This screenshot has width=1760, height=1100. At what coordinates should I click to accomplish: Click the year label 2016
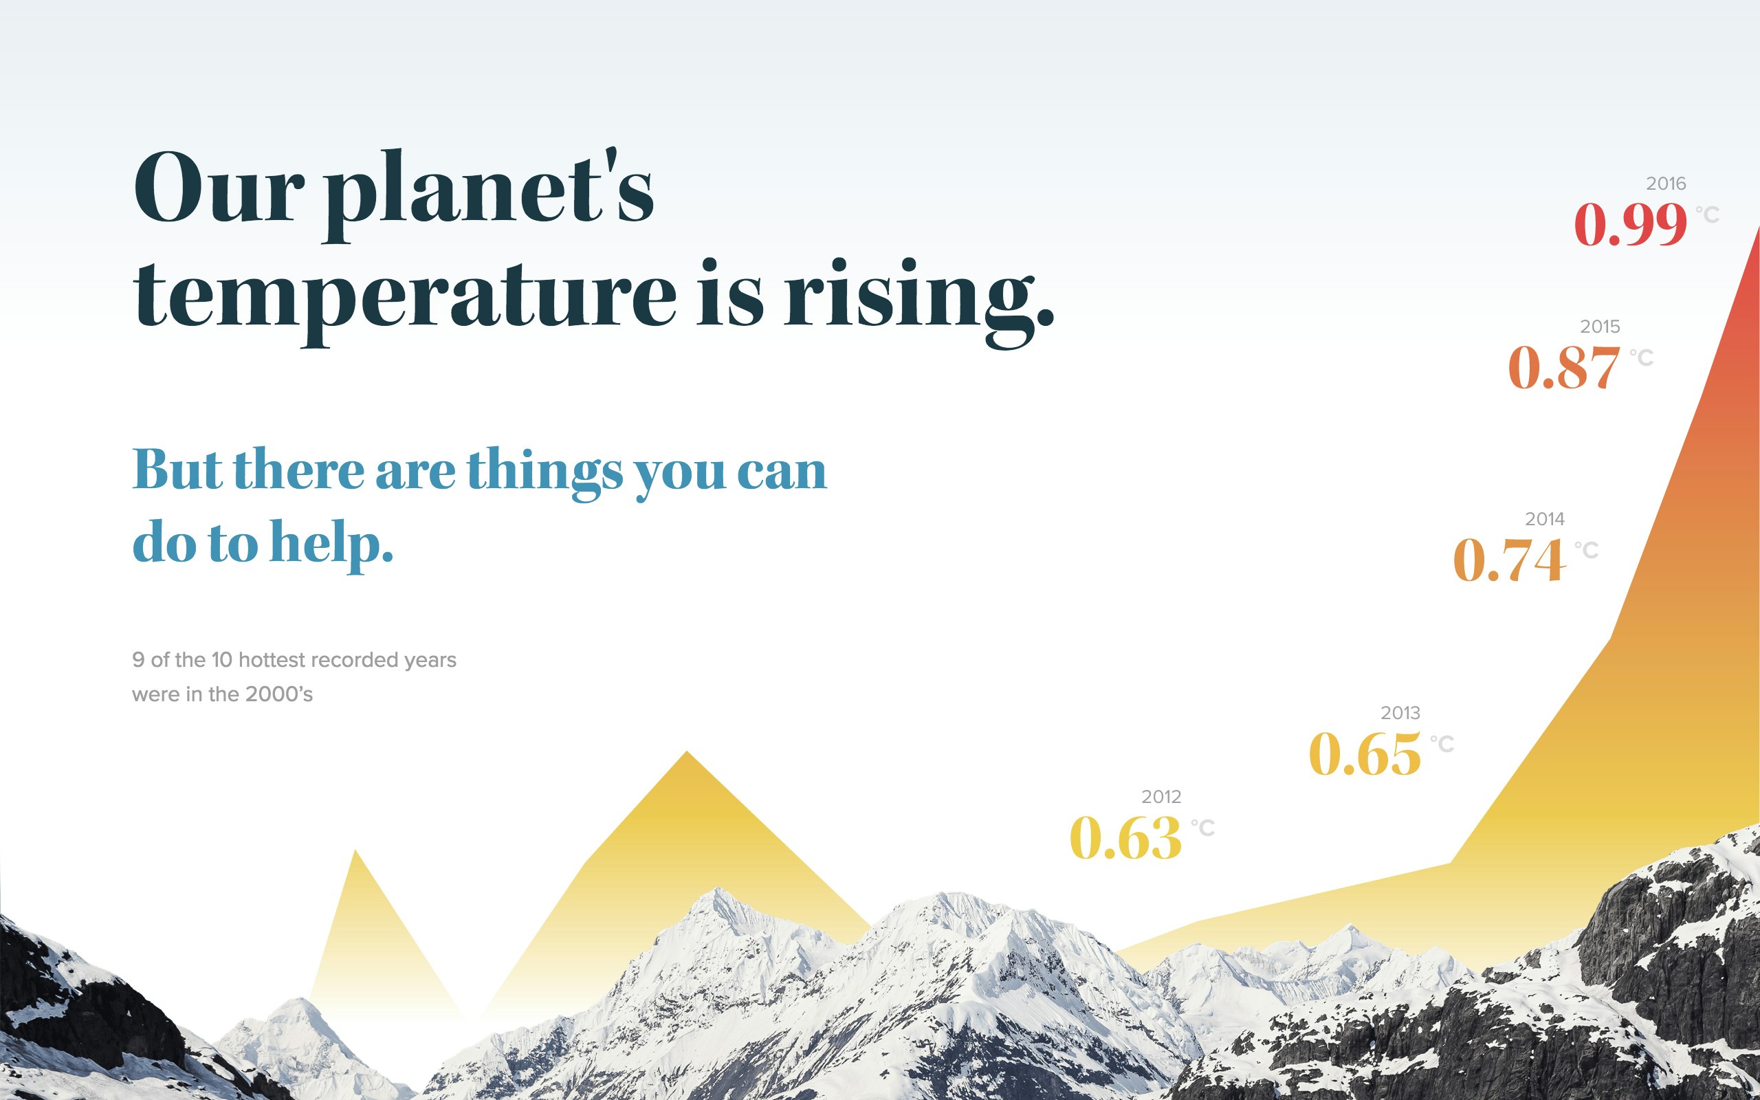(x=1665, y=184)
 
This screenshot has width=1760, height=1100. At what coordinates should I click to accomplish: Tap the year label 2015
(x=1599, y=326)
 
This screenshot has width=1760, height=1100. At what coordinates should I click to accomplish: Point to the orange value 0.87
(x=1563, y=367)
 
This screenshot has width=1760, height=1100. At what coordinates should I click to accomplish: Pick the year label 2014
(x=1544, y=518)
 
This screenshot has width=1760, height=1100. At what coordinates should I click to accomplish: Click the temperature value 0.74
(x=1509, y=560)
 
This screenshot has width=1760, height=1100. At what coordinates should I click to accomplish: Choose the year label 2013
(x=1400, y=712)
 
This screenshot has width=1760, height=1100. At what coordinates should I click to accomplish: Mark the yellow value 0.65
(x=1365, y=754)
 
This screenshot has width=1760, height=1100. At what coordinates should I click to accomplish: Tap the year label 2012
(x=1160, y=797)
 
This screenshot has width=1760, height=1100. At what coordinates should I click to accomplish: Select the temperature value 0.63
(x=1126, y=838)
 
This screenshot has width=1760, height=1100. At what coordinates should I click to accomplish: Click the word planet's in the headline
(x=489, y=190)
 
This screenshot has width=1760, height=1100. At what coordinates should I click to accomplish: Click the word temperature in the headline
(x=404, y=297)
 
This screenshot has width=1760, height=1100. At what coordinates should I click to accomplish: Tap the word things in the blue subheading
(x=544, y=472)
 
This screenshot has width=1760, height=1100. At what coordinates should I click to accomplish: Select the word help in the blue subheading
(x=331, y=542)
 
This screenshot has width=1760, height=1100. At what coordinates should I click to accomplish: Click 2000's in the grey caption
(x=278, y=694)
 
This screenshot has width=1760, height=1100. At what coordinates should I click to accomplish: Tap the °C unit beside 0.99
(x=1707, y=214)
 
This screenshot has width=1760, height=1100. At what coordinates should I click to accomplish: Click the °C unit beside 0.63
(x=1202, y=827)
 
